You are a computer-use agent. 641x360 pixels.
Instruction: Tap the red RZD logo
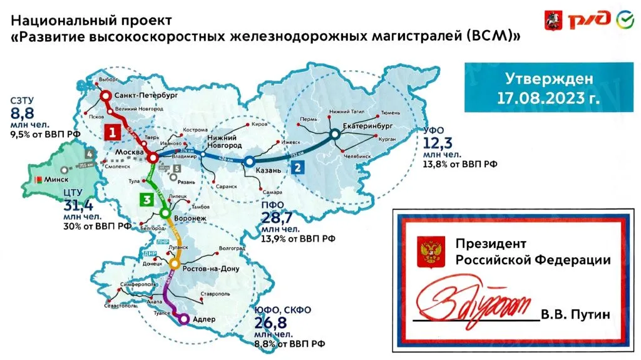pos(588,20)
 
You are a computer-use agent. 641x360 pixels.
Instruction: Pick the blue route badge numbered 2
pos(297,168)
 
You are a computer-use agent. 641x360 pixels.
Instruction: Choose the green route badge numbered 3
pos(146,200)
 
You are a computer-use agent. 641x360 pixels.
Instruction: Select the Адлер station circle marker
pos(183,319)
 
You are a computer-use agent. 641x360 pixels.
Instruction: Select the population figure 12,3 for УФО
pos(438,144)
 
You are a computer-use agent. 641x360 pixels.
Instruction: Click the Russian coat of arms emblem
pos(429,251)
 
